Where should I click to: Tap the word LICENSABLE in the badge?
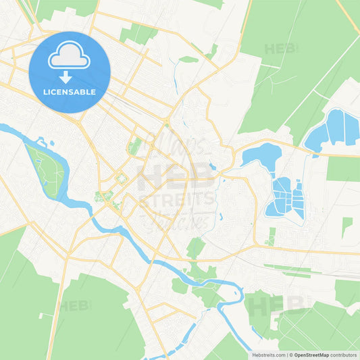[x=69, y=92]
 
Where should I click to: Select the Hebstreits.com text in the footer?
[x=267, y=355]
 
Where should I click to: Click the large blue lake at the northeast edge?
[x=333, y=130]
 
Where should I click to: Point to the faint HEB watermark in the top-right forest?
[x=280, y=49]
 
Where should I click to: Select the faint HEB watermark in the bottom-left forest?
[x=75, y=305]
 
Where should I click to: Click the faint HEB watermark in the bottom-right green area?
[x=269, y=305]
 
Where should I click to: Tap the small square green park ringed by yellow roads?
[x=121, y=179]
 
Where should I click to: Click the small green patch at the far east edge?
[x=346, y=226]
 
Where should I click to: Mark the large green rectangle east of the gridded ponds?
[x=342, y=169]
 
